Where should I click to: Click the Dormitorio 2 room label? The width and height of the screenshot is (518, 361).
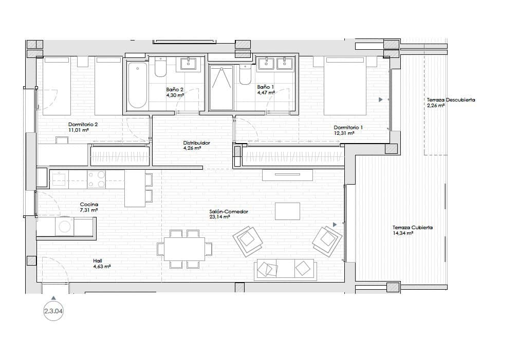tap(83, 124)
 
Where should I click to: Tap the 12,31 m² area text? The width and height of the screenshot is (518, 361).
tap(344, 133)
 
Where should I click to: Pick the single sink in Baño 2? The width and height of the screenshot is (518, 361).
tap(188, 65)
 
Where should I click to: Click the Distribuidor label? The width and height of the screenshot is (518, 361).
tap(196, 143)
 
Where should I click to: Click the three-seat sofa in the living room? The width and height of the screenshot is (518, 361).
tap(285, 269)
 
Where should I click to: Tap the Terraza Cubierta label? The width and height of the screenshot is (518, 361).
tap(412, 228)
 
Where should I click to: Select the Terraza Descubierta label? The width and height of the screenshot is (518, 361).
tap(450, 100)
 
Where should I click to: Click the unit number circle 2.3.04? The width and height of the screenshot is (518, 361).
tap(53, 311)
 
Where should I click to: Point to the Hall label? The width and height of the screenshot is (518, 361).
tap(98, 261)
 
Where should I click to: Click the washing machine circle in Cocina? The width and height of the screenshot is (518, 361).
tap(65, 226)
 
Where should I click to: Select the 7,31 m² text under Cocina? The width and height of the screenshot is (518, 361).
tap(89, 210)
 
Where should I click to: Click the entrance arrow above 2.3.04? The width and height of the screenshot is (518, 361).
tap(53, 297)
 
